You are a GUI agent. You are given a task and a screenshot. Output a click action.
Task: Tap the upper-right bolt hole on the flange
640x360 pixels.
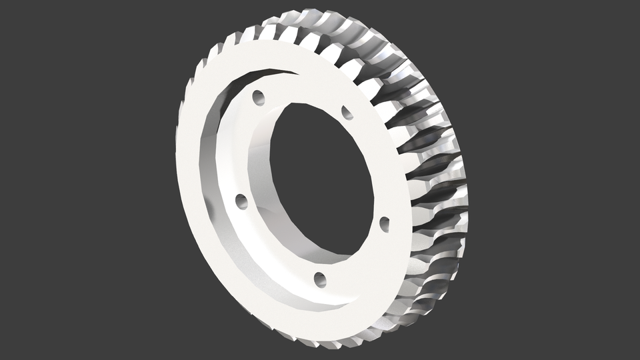347,113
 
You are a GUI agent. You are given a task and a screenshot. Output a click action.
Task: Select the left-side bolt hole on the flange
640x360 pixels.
241,200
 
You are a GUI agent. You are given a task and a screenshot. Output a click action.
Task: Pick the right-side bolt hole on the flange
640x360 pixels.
384,223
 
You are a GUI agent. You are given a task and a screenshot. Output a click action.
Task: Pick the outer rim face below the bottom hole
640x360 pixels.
320,320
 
